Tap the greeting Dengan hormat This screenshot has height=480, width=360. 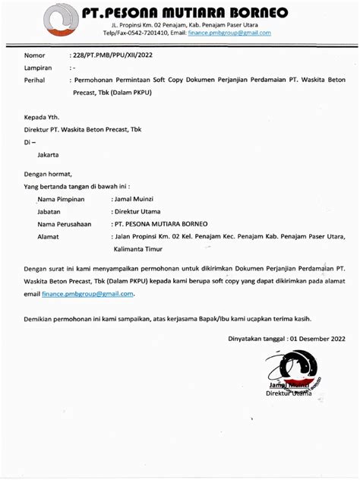[53, 173]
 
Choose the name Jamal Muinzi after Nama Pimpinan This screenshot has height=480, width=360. [137, 198]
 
